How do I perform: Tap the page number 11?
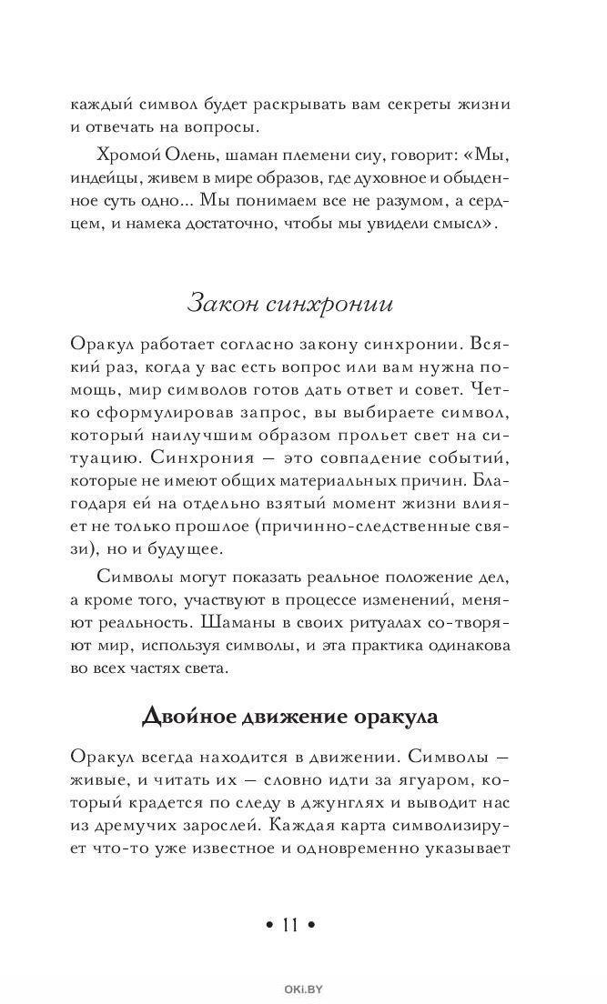point(290,925)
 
